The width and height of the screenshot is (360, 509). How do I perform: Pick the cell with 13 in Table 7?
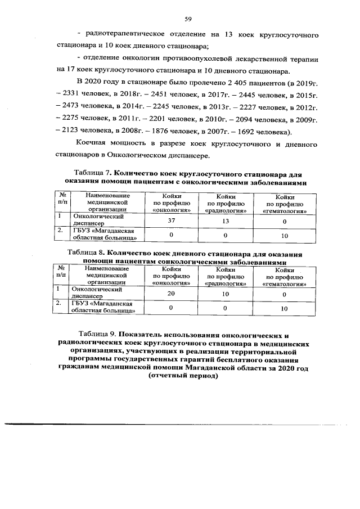225,220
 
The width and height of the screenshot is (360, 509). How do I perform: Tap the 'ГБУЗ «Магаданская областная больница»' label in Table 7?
104,235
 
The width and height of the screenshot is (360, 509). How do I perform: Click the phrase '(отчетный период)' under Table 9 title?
183,376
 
